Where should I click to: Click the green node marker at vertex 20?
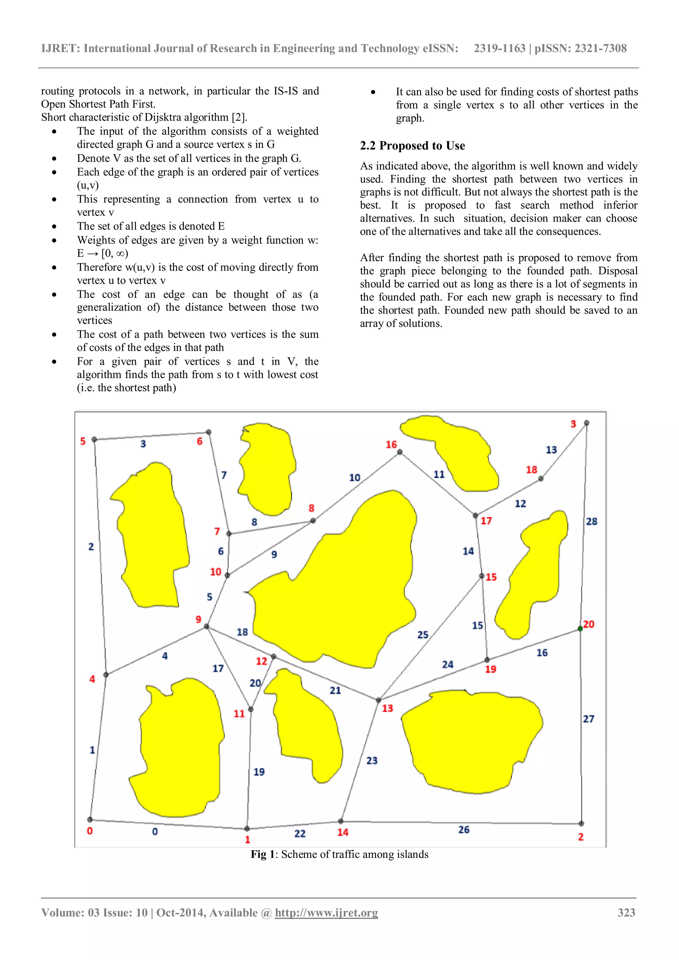click(580, 629)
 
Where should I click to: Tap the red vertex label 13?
click(387, 708)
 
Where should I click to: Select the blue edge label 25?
click(423, 635)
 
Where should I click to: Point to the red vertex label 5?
click(83, 441)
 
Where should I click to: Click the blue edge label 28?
click(591, 521)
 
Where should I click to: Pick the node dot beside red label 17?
click(475, 515)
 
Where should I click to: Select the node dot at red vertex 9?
click(207, 626)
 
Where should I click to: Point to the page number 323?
click(626, 912)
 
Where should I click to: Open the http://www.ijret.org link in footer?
click(326, 913)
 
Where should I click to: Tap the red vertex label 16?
click(391, 445)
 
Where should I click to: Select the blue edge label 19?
click(259, 772)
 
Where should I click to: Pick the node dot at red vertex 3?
click(586, 423)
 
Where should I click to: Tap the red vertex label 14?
click(343, 832)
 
